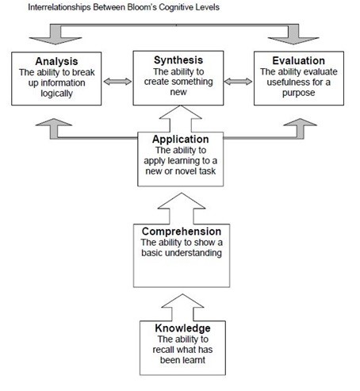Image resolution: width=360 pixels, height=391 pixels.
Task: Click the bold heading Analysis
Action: [56, 61]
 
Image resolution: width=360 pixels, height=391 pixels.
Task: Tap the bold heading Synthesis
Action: [178, 60]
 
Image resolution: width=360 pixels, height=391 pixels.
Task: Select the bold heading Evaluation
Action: [299, 60]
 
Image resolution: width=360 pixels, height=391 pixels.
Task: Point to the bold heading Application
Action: [181, 139]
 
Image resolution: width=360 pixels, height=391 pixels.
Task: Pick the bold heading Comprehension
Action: [182, 232]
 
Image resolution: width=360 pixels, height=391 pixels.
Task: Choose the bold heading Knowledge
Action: [182, 328]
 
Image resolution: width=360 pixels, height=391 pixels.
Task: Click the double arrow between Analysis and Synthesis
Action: [117, 82]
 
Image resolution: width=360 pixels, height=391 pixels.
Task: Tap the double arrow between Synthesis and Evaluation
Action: [239, 82]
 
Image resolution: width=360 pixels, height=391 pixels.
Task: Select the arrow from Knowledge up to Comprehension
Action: [182, 308]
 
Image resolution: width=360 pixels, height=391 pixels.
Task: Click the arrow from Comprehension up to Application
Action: [182, 209]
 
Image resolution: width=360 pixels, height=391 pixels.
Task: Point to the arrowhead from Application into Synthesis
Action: [181, 113]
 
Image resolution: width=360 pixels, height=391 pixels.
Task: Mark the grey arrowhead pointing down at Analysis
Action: [56, 40]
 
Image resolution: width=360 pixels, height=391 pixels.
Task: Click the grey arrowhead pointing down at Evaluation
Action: [293, 40]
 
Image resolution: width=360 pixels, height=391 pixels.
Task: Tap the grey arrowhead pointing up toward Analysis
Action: [54, 122]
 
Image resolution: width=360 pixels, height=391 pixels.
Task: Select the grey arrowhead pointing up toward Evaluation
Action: [300, 122]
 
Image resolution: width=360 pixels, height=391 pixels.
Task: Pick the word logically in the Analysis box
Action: [56, 94]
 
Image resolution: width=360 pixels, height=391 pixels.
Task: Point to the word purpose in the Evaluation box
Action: [299, 93]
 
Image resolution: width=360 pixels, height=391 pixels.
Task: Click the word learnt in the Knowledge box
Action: [196, 360]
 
